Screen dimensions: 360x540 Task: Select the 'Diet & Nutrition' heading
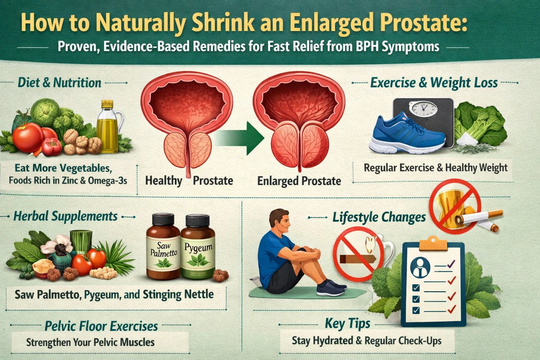tap(59, 83)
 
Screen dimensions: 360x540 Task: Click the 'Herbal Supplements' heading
tap(65, 216)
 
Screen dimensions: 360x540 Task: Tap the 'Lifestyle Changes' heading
tap(379, 217)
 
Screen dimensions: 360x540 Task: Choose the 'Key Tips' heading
tap(347, 323)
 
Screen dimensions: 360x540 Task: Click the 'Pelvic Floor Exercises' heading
tap(101, 326)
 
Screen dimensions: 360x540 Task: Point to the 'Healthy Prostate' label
tap(189, 181)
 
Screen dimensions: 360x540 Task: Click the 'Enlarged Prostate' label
tap(299, 181)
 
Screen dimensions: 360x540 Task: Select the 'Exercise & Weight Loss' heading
tap(434, 83)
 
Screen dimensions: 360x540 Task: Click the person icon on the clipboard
tap(420, 266)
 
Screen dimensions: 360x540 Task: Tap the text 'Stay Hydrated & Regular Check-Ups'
tap(367, 341)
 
